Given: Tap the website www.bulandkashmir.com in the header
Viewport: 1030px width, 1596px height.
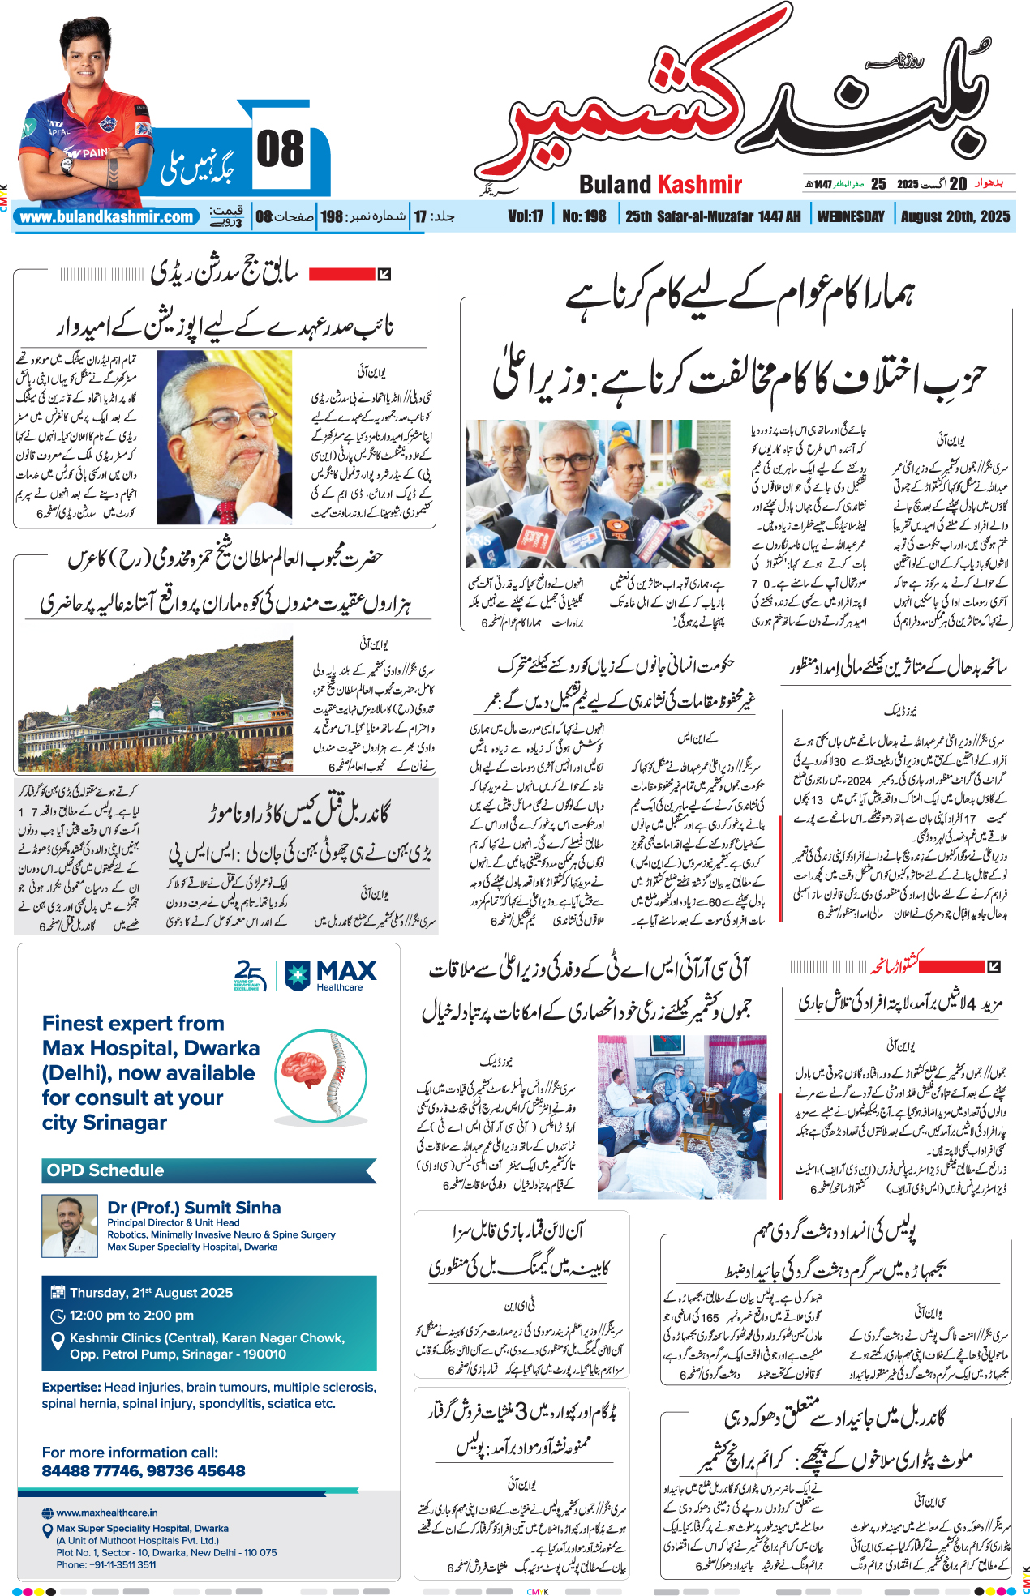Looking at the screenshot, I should click(x=106, y=217).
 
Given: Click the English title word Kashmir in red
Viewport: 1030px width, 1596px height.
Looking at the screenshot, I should click(x=700, y=185).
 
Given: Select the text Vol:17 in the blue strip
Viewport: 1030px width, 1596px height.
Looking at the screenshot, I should click(x=526, y=216).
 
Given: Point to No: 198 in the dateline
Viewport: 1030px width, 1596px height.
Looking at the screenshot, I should click(x=584, y=216).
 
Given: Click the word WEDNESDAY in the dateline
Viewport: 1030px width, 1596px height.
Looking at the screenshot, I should click(x=851, y=216).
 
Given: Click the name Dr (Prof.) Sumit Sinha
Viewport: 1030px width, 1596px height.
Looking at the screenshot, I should click(x=194, y=1208).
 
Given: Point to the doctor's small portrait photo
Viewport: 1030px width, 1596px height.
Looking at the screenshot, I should click(x=70, y=1226).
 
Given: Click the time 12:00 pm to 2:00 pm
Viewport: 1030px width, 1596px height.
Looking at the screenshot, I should click(x=131, y=1316).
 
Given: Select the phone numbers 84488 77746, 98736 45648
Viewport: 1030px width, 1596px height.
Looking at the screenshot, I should click(x=144, y=1470).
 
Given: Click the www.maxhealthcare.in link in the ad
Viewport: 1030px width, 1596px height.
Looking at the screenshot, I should click(x=107, y=1513).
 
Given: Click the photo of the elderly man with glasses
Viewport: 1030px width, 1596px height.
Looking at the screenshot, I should click(x=224, y=437).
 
